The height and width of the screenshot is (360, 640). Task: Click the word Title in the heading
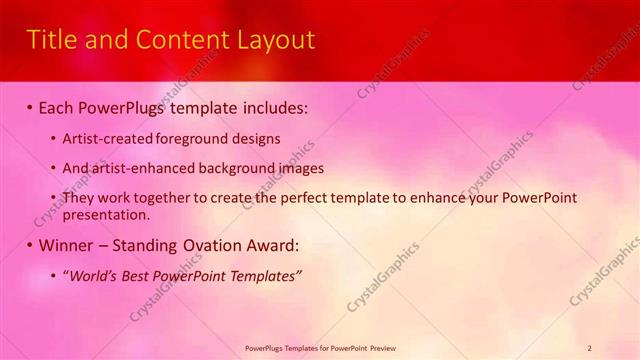pos(49,40)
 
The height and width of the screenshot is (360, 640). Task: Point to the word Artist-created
pos(104,139)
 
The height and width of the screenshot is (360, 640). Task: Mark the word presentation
pos(105,214)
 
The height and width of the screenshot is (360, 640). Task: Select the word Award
pos(272,245)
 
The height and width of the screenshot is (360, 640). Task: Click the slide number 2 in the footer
pos(590,347)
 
